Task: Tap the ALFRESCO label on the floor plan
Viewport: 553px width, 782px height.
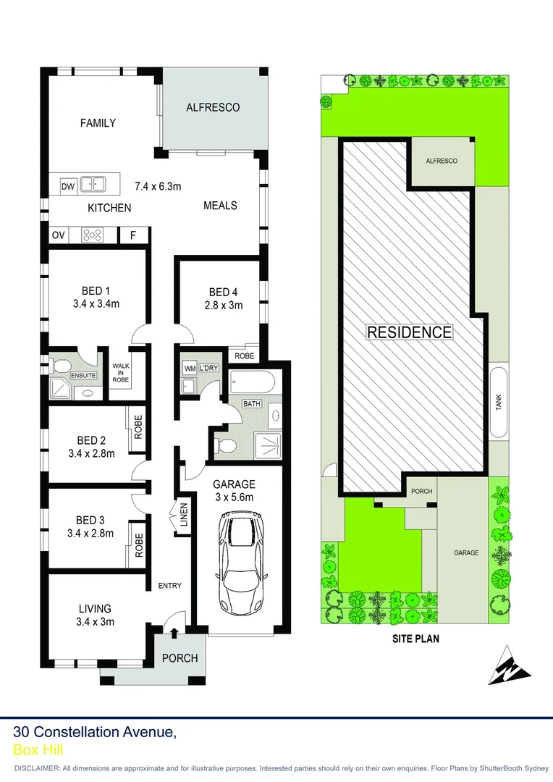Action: point(213,107)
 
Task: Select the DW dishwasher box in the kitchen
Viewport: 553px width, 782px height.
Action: point(68,186)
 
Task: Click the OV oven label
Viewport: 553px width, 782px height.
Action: point(59,235)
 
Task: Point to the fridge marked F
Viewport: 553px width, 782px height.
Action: point(132,235)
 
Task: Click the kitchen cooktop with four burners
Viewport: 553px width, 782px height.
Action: point(93,235)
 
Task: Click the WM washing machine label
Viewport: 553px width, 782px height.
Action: point(190,368)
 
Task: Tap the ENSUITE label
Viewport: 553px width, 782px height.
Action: point(83,375)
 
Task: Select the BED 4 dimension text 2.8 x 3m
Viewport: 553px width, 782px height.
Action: point(223,305)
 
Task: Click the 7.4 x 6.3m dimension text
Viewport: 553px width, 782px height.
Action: point(158,186)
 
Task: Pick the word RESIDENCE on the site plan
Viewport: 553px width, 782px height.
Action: point(410,332)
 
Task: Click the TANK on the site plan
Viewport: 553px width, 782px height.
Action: point(499,403)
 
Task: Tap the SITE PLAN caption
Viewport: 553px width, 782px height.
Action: point(415,639)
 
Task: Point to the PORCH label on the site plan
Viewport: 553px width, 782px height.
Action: point(421,491)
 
